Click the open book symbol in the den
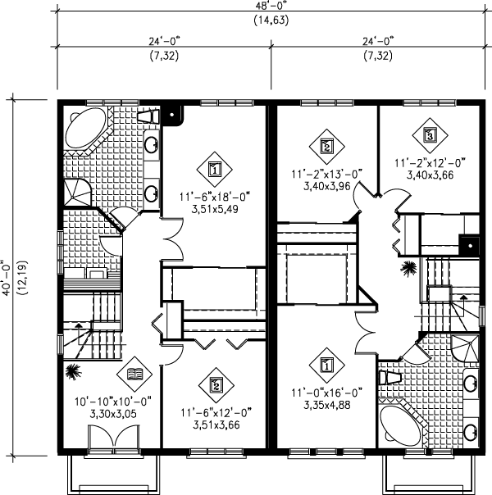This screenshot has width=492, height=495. tap(134, 376)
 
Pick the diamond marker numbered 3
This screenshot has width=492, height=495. tap(429, 134)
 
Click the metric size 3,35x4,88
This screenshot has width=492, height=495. tap(326, 404)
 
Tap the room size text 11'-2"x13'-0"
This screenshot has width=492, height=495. tap(326, 174)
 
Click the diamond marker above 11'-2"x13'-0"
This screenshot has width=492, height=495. tap(326, 147)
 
